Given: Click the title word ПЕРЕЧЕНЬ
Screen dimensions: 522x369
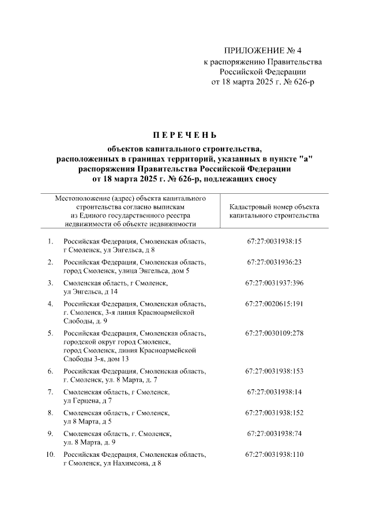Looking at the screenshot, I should click(184, 136).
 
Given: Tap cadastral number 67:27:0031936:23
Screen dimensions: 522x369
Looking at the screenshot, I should click(274, 262).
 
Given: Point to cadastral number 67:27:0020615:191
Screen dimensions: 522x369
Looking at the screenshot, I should click(274, 303).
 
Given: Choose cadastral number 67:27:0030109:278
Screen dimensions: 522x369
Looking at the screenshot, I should click(274, 333).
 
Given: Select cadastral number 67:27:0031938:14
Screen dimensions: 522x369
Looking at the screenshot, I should click(274, 392).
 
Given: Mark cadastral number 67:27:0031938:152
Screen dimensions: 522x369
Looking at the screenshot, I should click(274, 413).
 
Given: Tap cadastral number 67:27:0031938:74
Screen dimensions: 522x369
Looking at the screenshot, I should click(274, 433).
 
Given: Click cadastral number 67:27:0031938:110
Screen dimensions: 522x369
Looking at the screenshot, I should click(274, 455).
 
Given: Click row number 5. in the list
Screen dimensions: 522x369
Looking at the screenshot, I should click(50, 333).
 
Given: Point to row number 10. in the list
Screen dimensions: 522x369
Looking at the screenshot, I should click(50, 455).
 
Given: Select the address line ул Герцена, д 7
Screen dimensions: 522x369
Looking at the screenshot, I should click(88, 400).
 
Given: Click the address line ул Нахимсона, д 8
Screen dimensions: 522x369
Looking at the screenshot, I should click(112, 463).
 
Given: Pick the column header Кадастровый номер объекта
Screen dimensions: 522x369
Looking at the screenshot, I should click(274, 206).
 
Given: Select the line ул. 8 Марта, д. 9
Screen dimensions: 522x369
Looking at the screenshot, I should click(89, 442).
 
